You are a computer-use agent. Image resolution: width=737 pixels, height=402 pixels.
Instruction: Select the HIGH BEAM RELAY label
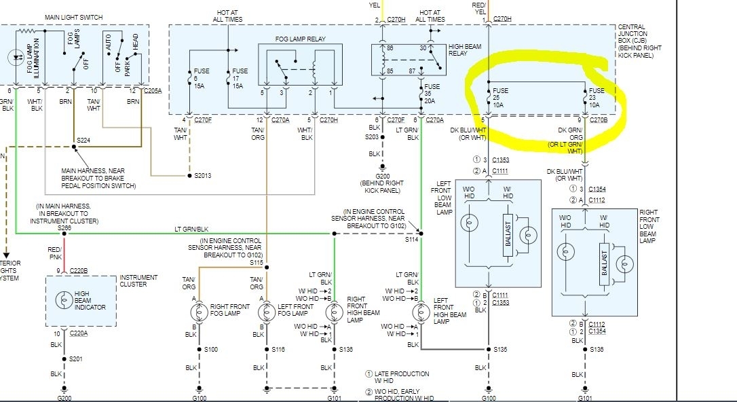click(462, 49)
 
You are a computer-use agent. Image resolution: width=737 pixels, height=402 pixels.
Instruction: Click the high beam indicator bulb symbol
click(64, 299)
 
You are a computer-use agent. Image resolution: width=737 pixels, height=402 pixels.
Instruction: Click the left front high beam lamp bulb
click(421, 312)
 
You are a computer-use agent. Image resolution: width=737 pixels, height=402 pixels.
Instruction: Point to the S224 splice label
click(83, 141)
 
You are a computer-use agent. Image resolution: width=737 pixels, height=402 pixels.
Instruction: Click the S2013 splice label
click(202, 175)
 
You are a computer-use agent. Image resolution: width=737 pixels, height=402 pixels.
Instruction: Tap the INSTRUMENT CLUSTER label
click(138, 280)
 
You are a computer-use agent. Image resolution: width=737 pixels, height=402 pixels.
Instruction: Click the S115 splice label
click(256, 262)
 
